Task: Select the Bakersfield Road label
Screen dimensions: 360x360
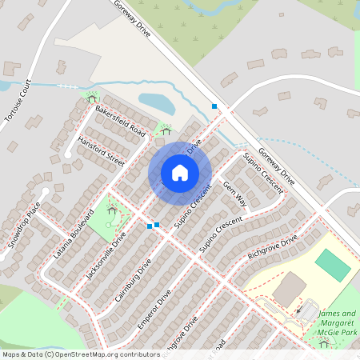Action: (119, 119)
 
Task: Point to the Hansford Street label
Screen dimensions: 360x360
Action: (102, 150)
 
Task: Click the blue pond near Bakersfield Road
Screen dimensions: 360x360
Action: (158, 103)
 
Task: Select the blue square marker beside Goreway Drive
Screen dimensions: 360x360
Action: (214, 106)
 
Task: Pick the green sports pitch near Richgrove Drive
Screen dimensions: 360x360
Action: (333, 265)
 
